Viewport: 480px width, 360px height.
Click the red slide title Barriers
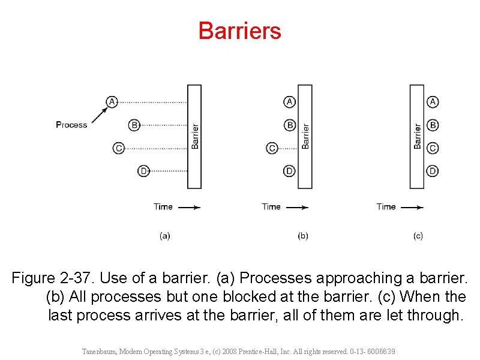[239, 31]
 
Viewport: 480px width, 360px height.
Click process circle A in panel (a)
[112, 101]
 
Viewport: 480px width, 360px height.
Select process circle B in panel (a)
[134, 125]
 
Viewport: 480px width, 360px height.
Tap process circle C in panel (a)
[119, 148]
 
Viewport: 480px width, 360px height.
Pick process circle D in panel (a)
[143, 172]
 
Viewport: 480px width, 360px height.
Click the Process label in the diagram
[71, 125]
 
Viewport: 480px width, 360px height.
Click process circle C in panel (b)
[272, 148]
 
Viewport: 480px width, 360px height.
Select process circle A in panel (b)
[290, 101]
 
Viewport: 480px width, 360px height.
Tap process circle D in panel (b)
[290, 172]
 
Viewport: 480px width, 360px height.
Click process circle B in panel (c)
[433, 125]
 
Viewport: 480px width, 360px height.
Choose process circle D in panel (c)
[433, 172]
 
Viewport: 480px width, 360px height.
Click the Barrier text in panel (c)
[418, 136]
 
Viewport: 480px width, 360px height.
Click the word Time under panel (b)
[271, 206]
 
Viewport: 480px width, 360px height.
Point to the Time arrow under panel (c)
[412, 207]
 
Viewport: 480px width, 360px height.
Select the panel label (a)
[165, 236]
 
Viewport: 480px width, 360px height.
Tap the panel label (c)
[418, 236]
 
